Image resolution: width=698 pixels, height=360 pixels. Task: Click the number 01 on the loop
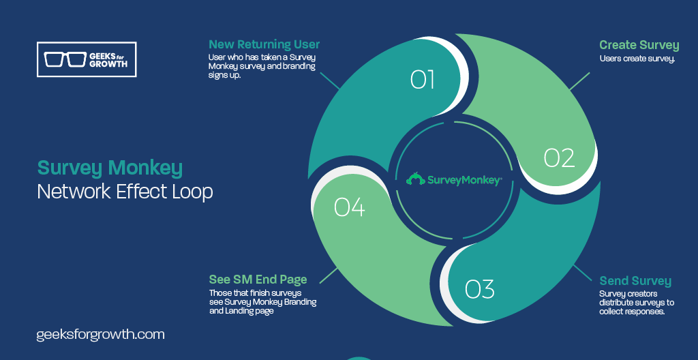422,79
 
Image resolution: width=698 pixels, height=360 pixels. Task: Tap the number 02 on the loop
559,157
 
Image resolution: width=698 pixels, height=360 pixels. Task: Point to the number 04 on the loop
350,207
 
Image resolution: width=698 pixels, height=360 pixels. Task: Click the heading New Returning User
264,44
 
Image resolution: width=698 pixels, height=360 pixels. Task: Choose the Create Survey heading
639,46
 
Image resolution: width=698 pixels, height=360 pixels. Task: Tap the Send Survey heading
635,281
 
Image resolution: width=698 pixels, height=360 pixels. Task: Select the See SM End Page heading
258,280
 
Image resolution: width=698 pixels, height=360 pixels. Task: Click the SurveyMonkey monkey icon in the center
415,179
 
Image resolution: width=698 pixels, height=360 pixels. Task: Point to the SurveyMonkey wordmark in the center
465,180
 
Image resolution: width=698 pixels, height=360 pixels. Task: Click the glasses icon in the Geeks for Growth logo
65,59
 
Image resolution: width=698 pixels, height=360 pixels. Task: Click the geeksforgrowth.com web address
101,335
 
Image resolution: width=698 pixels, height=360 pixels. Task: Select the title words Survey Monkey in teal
110,168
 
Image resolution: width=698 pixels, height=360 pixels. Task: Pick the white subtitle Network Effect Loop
125,192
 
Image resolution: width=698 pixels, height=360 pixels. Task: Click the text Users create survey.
637,59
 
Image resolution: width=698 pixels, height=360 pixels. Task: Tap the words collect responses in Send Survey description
632,312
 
